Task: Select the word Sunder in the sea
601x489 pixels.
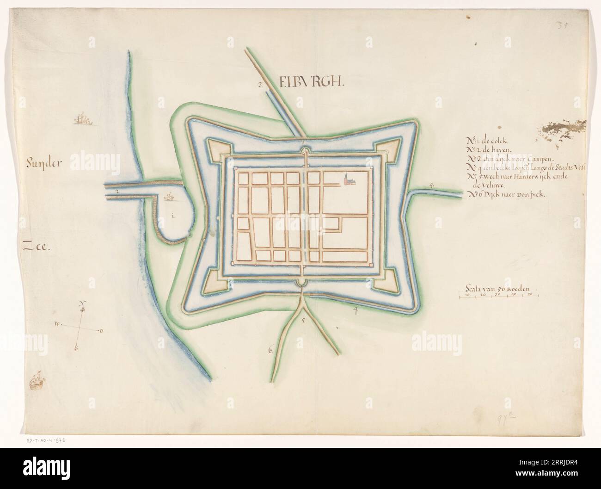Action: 48,162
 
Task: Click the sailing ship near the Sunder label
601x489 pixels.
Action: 83,120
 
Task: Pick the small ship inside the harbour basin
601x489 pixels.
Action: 170,197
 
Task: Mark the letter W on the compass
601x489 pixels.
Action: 57,324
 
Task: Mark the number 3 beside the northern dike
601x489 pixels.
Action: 260,85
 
